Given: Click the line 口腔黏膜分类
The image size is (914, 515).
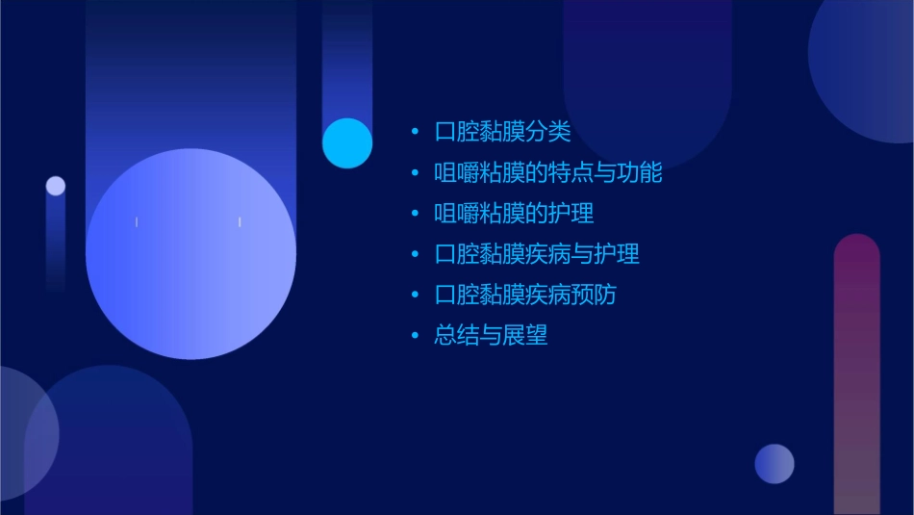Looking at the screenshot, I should click(x=502, y=132).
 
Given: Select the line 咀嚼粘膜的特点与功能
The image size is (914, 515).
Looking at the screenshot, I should click(x=548, y=173).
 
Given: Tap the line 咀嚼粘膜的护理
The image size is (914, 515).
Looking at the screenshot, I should click(x=514, y=214).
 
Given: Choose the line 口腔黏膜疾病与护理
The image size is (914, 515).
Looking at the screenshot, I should click(x=537, y=254).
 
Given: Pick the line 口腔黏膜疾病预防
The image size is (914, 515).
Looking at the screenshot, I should click(x=525, y=295).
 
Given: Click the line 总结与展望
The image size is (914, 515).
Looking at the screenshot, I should click(x=491, y=335).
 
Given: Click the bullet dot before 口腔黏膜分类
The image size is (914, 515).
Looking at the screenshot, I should click(x=415, y=132).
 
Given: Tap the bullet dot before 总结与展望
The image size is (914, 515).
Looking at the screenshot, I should click(x=415, y=336).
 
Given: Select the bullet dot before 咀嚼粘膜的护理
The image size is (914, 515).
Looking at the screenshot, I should click(x=415, y=214).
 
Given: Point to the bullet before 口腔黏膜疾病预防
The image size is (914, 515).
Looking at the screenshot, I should click(x=415, y=296).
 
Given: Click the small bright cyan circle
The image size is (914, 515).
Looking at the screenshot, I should click(x=347, y=142).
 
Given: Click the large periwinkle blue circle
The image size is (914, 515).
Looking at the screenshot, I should click(x=190, y=254).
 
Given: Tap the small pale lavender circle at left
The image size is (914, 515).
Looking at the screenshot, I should click(x=56, y=186).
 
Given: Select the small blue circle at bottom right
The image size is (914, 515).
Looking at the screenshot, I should click(x=774, y=464).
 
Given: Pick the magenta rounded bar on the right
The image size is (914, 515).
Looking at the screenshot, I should click(x=856, y=375).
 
